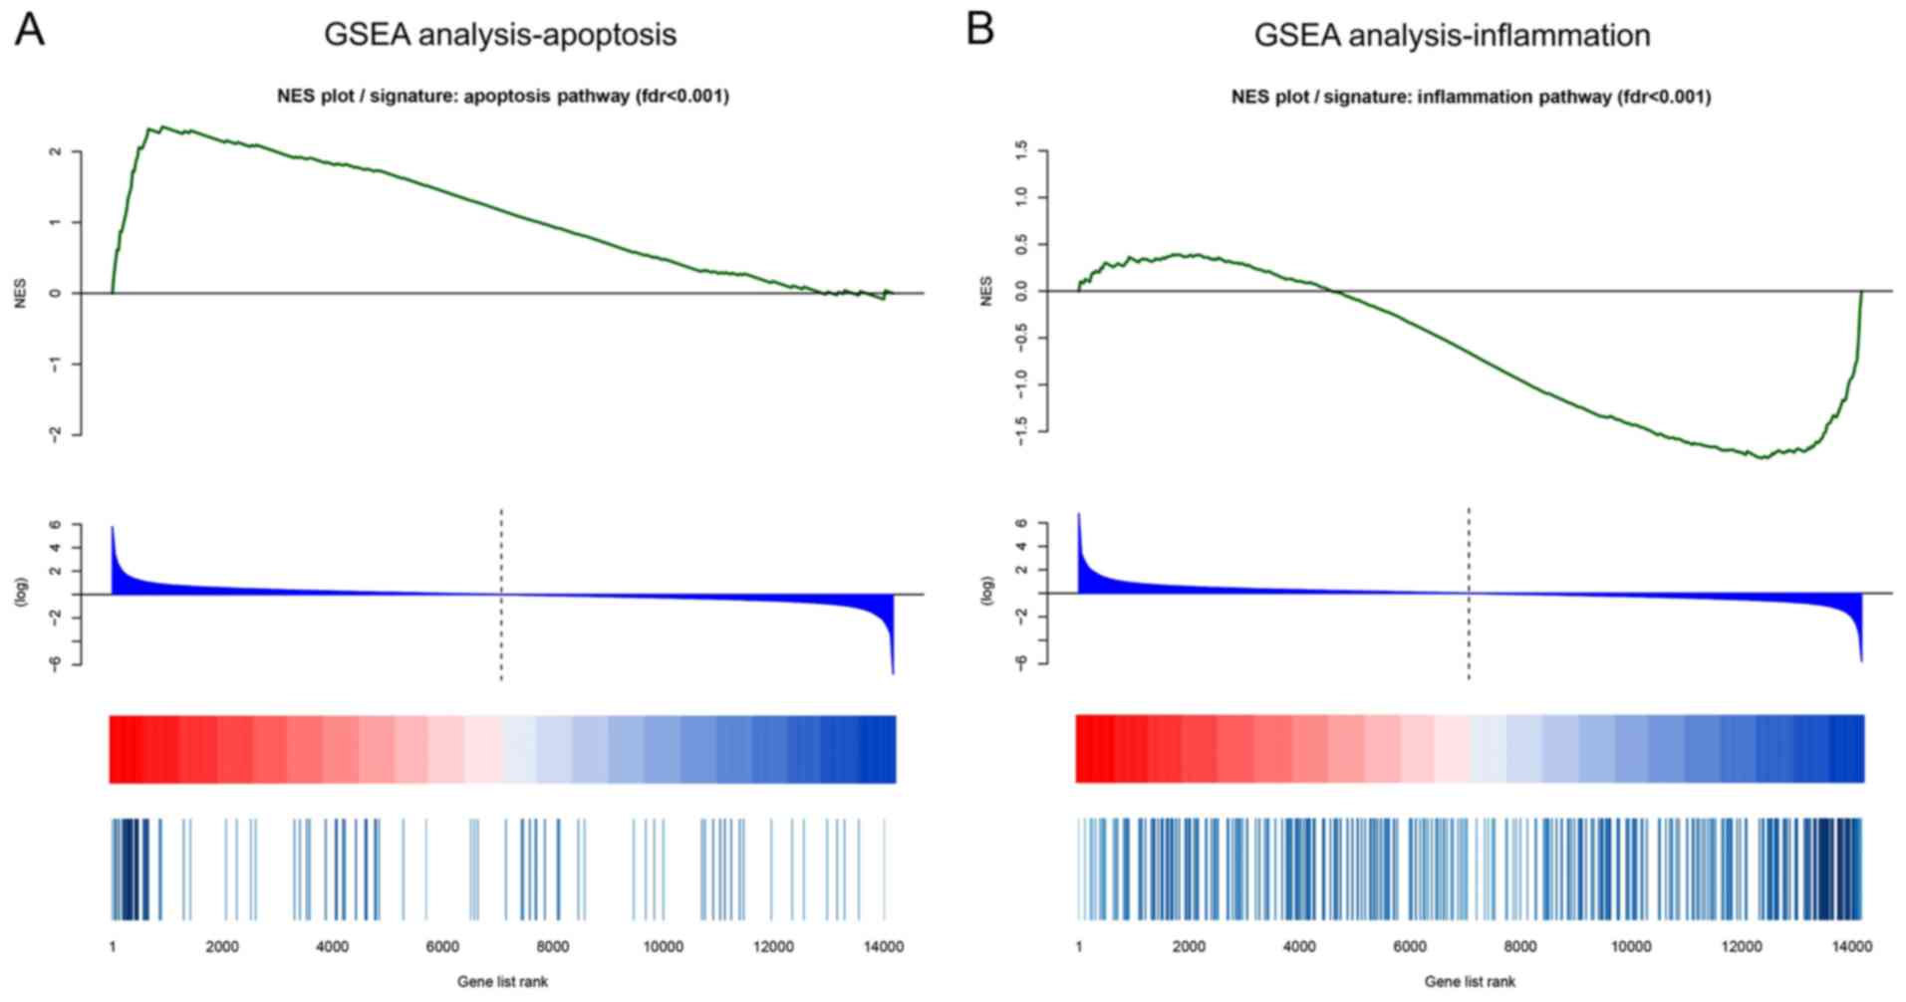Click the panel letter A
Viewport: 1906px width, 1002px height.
point(30,32)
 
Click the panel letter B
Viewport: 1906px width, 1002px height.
point(980,32)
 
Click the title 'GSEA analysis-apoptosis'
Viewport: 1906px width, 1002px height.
point(500,35)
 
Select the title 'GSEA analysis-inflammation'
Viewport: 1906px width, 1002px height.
point(1452,36)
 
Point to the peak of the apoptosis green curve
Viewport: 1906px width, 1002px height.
point(162,127)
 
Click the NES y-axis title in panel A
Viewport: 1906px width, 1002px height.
point(21,293)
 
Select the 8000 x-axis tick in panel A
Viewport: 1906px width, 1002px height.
point(553,947)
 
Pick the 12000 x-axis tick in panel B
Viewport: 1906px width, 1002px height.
point(1742,947)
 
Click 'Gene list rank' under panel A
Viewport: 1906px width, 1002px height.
point(502,982)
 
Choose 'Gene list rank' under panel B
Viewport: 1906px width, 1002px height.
point(1470,982)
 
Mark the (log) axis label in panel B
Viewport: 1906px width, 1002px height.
point(987,591)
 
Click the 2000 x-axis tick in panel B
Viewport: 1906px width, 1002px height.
point(1189,947)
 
